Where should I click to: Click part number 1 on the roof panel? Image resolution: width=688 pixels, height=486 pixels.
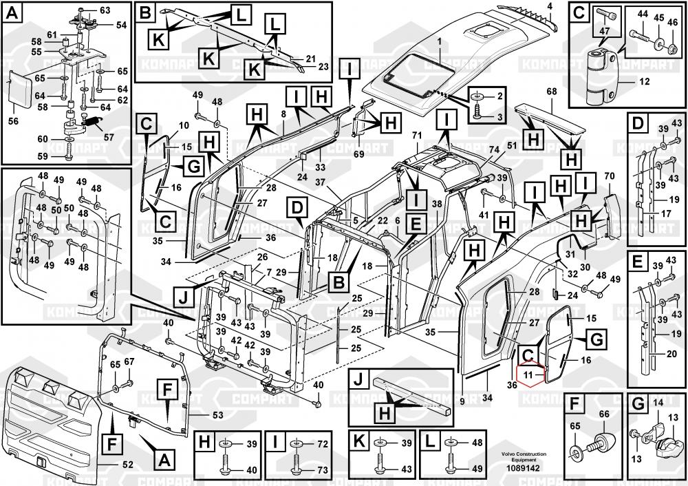pos(438,42)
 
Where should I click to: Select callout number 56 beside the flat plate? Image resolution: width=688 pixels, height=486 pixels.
pos(12,121)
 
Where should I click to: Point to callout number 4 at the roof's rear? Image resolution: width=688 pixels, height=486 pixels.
pos(550,6)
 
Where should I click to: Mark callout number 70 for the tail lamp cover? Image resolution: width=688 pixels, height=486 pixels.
pos(608,176)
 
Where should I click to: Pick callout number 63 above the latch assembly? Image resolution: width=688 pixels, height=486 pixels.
pos(105,10)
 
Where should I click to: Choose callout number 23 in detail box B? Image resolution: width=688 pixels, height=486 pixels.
pos(323,67)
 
